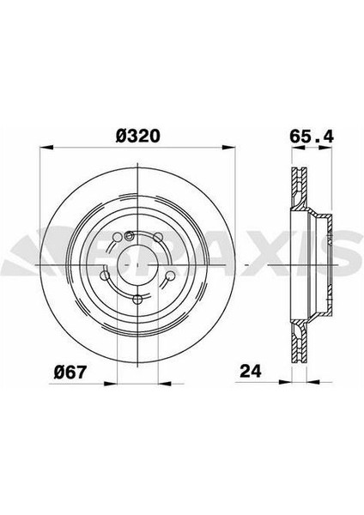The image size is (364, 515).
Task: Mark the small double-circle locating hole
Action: click(x=129, y=238)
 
